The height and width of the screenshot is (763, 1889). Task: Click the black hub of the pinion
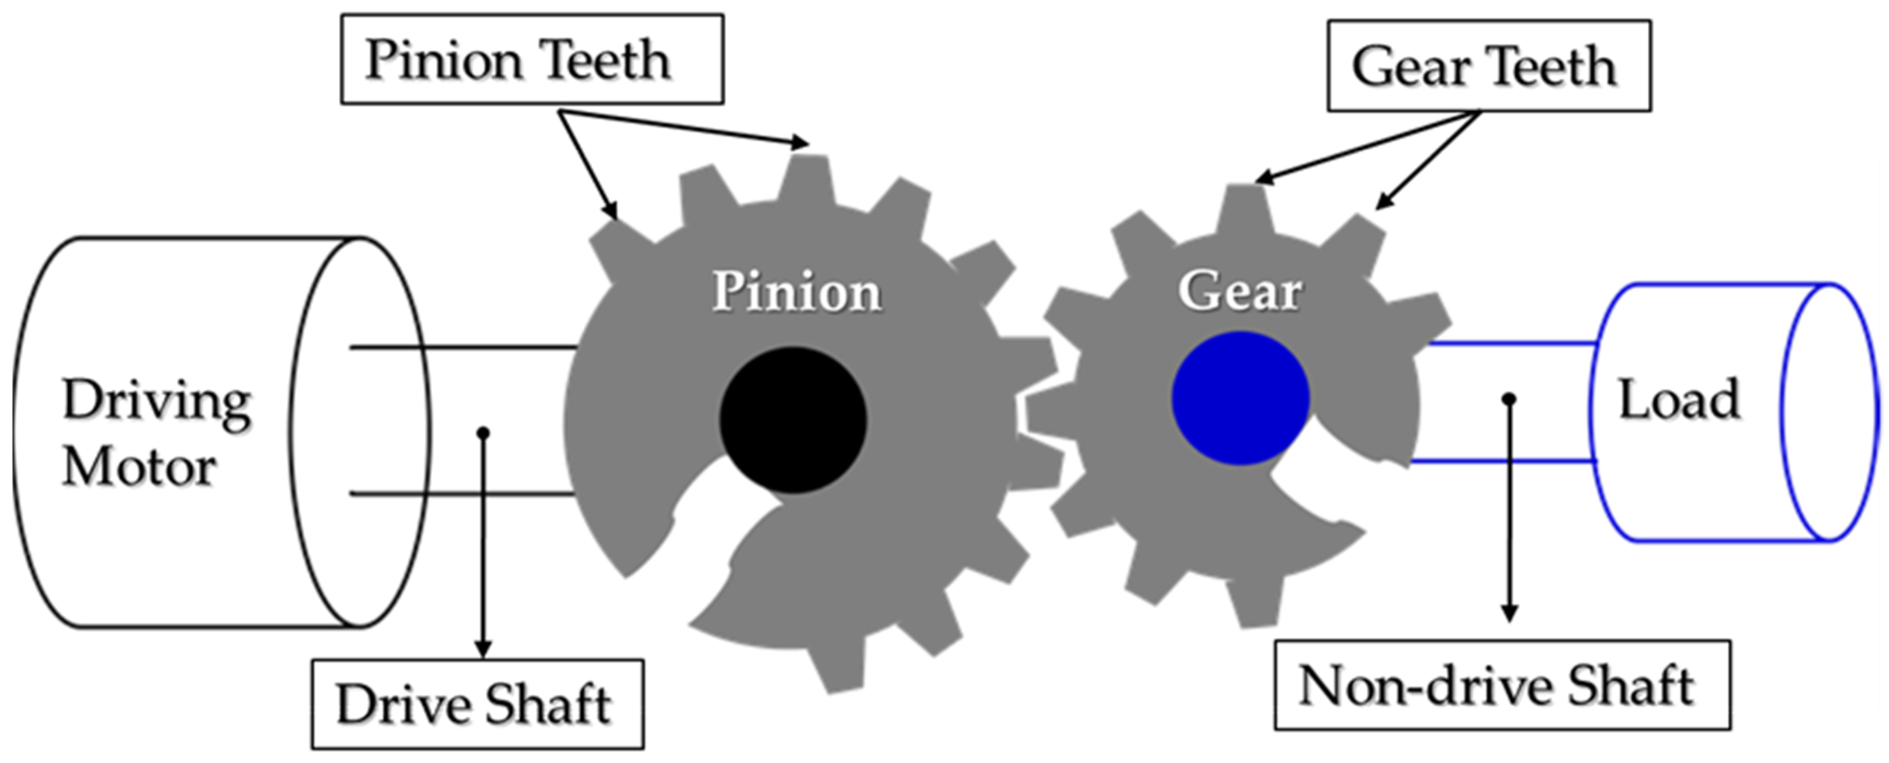pos(793,420)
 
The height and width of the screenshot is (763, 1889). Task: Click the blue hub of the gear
pos(1240,398)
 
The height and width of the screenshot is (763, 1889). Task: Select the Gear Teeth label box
pos(1489,66)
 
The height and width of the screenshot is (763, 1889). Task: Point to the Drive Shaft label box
pos(478,704)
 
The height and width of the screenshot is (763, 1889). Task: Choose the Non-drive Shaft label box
pos(1502,685)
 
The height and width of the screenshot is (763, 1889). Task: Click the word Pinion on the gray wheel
pos(797,292)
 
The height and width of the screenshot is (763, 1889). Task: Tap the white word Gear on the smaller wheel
pos(1240,290)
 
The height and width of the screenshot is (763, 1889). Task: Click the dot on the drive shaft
pos(482,433)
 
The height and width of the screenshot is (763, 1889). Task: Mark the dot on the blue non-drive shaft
pos(1508,399)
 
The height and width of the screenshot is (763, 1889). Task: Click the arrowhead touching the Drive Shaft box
pos(482,649)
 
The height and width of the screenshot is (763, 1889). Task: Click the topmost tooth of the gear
pos(1244,205)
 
